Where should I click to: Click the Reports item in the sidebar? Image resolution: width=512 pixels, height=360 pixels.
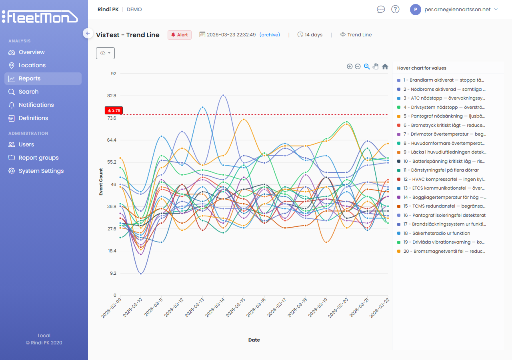30,78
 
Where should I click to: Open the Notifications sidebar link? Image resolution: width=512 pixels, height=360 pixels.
36,105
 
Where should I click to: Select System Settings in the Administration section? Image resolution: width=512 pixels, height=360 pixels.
41,171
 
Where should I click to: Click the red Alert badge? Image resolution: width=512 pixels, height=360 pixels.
180,35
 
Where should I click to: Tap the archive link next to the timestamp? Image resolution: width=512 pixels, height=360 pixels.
270,35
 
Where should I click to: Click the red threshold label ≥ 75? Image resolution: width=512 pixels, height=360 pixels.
114,110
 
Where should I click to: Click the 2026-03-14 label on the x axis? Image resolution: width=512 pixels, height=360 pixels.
215,308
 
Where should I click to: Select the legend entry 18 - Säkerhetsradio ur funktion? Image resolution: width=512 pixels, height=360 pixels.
436,233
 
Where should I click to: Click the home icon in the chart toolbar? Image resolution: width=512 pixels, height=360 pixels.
385,66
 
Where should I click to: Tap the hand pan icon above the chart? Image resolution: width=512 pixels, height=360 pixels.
376,66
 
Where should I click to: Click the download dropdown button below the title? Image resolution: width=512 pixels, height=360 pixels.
105,53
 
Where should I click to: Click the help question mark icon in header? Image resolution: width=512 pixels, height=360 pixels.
395,9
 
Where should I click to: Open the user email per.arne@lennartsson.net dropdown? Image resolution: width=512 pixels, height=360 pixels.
454,9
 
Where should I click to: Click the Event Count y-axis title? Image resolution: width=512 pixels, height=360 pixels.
101,182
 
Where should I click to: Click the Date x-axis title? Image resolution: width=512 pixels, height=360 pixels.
254,340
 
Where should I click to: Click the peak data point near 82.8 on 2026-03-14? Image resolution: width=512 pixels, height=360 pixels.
223,96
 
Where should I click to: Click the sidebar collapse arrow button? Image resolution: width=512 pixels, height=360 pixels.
88,33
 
